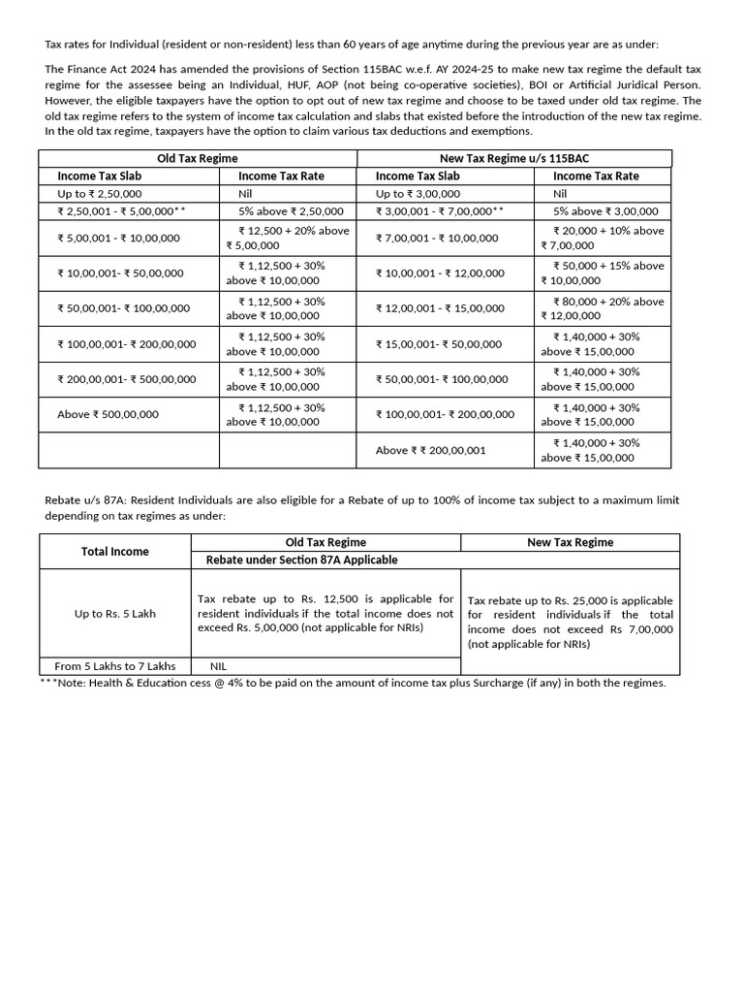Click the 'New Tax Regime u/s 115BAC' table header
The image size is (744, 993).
(514, 158)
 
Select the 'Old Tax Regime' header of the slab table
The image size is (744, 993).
(198, 158)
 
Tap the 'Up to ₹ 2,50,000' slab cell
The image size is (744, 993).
(100, 194)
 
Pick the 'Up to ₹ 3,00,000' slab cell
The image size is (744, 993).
(418, 194)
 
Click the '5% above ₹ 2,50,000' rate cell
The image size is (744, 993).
(291, 210)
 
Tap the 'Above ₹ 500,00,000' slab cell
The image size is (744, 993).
(108, 415)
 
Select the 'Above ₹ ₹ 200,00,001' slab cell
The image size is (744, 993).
(430, 450)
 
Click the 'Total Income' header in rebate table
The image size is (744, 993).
(115, 551)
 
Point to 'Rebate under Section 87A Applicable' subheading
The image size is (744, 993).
(301, 560)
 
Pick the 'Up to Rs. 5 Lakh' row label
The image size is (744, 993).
(115, 614)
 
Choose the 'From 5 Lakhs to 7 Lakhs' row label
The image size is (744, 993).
(115, 666)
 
